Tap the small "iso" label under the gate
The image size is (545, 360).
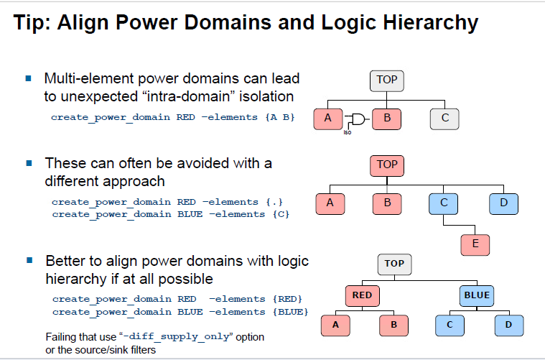[x=348, y=131]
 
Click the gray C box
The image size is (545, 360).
[x=445, y=119]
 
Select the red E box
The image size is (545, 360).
[x=475, y=244]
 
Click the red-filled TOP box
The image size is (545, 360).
[x=386, y=165]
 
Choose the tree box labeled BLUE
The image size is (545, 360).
[x=477, y=295]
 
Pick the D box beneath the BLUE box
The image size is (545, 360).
[x=508, y=325]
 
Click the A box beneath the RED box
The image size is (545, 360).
[x=335, y=325]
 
